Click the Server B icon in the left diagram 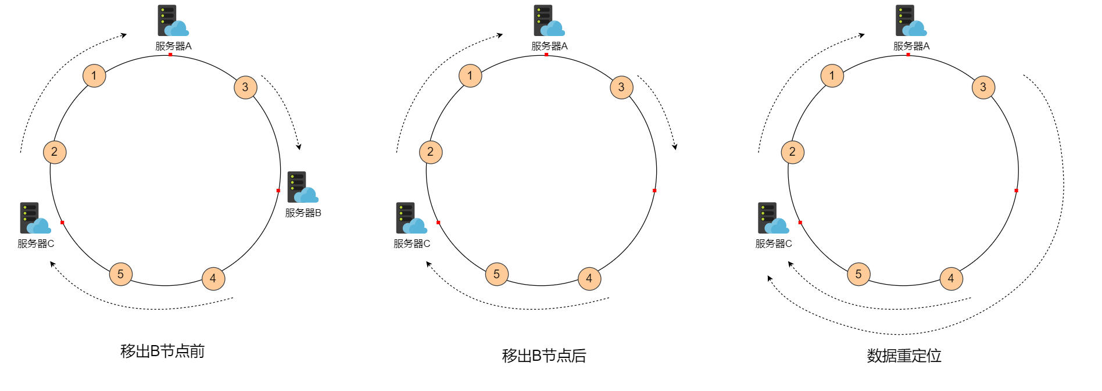(302, 187)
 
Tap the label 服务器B (303, 213)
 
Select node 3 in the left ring (245, 87)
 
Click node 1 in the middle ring (470, 76)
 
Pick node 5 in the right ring (858, 274)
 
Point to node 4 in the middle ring (589, 278)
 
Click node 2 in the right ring (792, 152)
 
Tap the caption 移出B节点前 (162, 351)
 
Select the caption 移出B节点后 (543, 356)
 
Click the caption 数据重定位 (904, 356)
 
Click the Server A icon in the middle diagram (549, 21)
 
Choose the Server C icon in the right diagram (772, 218)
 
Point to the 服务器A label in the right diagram (911, 46)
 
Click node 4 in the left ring (213, 278)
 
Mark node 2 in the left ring (55, 152)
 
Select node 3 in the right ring (983, 87)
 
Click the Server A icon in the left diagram (173, 21)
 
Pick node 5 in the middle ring (496, 274)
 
